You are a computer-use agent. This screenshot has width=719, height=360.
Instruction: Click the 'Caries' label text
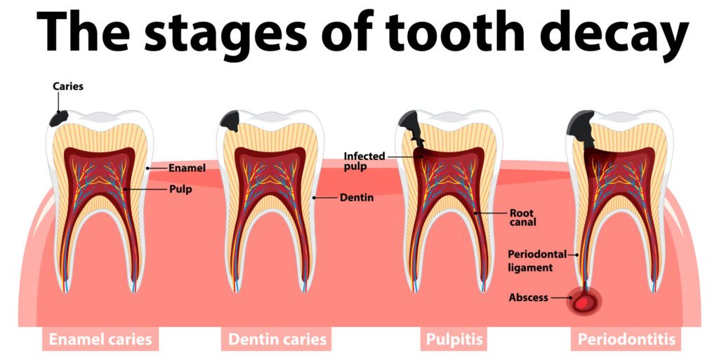click(68, 86)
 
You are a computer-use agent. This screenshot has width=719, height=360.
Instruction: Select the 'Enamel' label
click(187, 168)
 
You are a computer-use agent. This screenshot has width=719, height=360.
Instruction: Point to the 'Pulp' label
click(180, 189)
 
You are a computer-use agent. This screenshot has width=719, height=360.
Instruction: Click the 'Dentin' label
click(357, 198)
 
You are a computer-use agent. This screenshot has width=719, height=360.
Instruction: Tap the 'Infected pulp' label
click(364, 161)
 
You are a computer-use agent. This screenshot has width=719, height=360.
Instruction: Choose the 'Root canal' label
click(522, 218)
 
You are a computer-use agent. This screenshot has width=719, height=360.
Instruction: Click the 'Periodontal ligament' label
click(537, 260)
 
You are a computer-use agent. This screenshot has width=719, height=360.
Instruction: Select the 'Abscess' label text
click(528, 298)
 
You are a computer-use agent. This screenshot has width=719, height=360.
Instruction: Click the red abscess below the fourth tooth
click(583, 302)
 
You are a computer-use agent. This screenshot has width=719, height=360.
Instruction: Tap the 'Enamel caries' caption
click(100, 340)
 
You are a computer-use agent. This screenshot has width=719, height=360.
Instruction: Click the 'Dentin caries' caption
click(277, 340)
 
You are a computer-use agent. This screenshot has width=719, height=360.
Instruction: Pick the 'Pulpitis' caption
click(454, 340)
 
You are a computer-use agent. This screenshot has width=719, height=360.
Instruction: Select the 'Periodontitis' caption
click(626, 340)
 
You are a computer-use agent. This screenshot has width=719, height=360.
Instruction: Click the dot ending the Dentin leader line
click(314, 198)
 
